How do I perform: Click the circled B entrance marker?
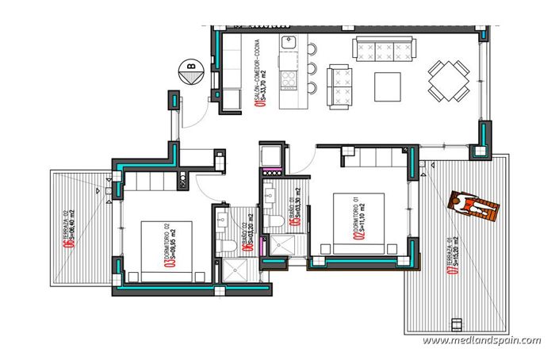190,72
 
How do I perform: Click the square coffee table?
389,84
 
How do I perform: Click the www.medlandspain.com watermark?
481,340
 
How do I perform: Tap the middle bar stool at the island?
312,68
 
